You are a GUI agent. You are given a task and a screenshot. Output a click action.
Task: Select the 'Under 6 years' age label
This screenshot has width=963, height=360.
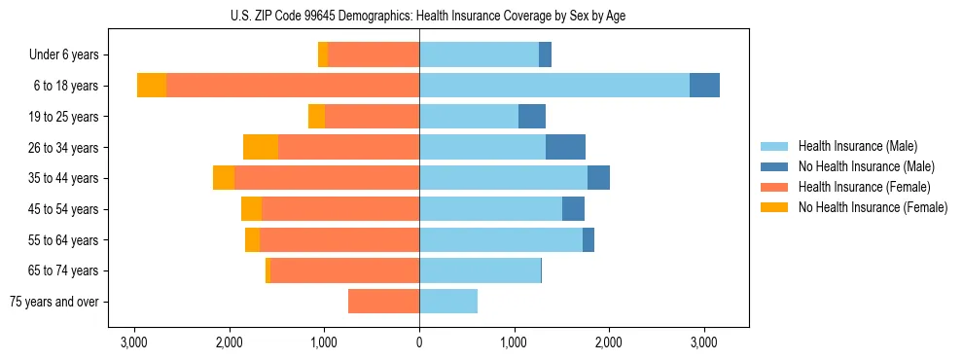coord(69,55)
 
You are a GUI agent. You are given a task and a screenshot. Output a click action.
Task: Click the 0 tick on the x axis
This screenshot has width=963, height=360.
coord(419,342)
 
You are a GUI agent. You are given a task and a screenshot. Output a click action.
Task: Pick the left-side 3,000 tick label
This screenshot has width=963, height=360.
coord(134,342)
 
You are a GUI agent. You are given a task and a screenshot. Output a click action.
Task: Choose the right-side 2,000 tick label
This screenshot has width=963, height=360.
coord(609,342)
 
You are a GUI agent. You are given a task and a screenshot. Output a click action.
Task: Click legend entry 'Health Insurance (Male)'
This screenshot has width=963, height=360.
coord(857,146)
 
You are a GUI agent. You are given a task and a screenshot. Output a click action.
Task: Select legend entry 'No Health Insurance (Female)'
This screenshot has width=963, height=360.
coord(873,207)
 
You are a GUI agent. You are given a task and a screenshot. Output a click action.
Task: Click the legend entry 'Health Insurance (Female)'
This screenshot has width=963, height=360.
coord(864,187)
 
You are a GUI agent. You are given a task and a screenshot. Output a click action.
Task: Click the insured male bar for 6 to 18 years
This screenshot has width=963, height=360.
coord(554,86)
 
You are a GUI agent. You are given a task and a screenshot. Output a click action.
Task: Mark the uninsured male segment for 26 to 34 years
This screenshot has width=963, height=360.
coord(565,147)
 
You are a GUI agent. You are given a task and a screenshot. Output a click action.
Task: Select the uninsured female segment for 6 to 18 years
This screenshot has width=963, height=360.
coord(152,86)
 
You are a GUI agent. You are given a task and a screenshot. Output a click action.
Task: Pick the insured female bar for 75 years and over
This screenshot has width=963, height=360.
coord(383,302)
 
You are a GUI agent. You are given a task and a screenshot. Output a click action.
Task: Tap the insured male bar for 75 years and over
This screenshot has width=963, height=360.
coord(448,302)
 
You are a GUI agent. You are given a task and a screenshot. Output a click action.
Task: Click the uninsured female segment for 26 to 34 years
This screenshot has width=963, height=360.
coord(261,147)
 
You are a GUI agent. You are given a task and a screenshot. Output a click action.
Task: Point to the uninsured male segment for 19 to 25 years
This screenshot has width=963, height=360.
coord(532,117)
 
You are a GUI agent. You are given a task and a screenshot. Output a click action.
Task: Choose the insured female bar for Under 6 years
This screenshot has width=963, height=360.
coord(374,55)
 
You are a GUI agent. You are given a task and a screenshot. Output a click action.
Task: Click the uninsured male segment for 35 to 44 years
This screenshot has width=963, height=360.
coord(598,178)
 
